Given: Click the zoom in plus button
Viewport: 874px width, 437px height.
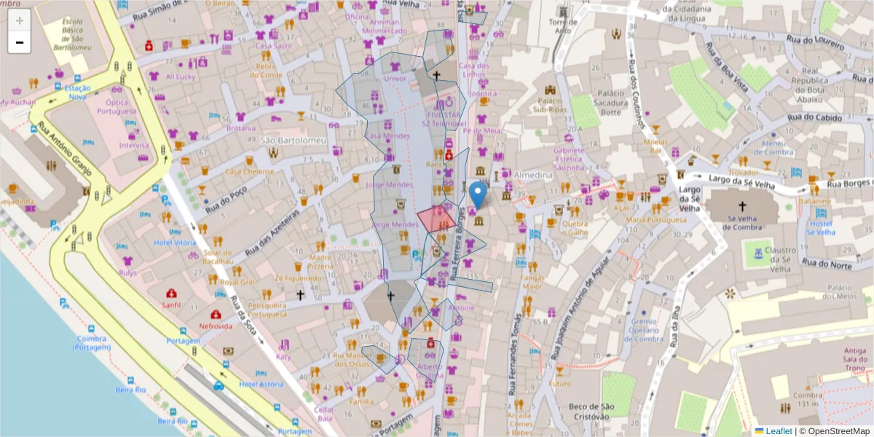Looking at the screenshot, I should [x=20, y=20].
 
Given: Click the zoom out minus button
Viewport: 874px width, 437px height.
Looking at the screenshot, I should [x=20, y=42].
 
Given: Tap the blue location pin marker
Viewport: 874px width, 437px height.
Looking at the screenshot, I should [x=478, y=194].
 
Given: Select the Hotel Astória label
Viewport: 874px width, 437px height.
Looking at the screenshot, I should [x=261, y=384].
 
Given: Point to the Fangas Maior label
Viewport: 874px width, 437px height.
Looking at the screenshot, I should [x=532, y=282].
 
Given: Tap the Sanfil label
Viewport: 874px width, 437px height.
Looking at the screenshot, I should [x=172, y=305].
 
